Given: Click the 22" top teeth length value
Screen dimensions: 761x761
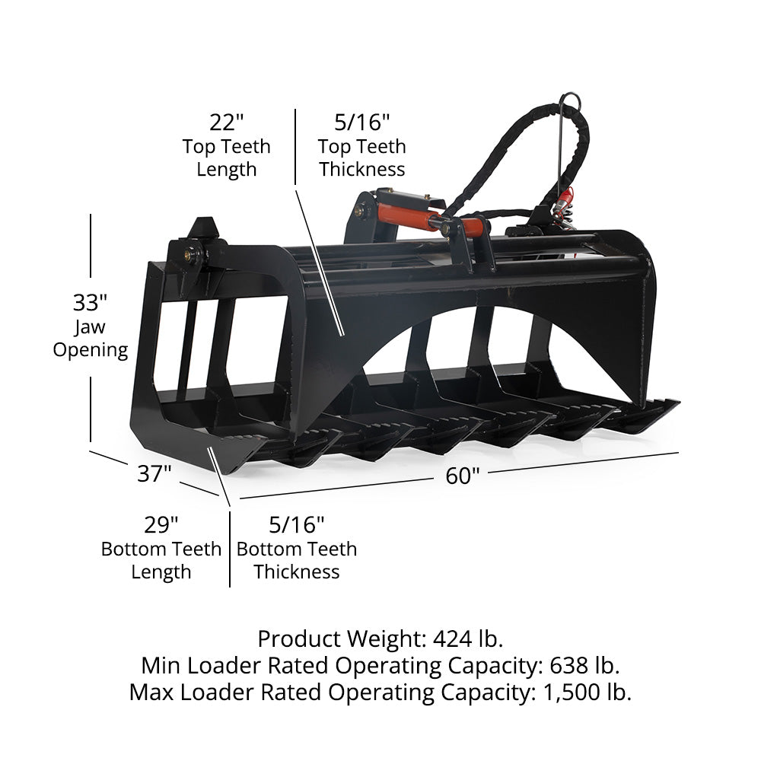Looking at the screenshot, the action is [226, 123].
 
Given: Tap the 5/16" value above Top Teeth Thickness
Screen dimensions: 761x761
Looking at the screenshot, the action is [362, 123].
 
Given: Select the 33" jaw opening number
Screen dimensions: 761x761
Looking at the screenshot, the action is [90, 303].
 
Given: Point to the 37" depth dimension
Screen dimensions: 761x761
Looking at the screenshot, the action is [154, 473].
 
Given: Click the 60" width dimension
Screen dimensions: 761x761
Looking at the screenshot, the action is [463, 476].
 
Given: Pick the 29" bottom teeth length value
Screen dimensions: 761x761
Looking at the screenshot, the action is [161, 524].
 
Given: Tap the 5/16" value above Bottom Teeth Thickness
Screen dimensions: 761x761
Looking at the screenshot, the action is [297, 524].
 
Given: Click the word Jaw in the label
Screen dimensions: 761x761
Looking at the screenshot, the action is [90, 327].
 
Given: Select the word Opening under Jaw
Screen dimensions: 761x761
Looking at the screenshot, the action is [91, 350].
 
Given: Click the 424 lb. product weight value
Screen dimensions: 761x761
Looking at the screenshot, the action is [468, 638].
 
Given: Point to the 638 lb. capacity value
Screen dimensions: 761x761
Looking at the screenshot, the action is [584, 665].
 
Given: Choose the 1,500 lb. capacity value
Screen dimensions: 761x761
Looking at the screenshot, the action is [587, 693].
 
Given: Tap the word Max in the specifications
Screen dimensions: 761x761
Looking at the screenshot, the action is [151, 693].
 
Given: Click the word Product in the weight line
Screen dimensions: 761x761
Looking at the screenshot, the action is [299, 638].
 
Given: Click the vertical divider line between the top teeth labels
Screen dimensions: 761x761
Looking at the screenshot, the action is [295, 147].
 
